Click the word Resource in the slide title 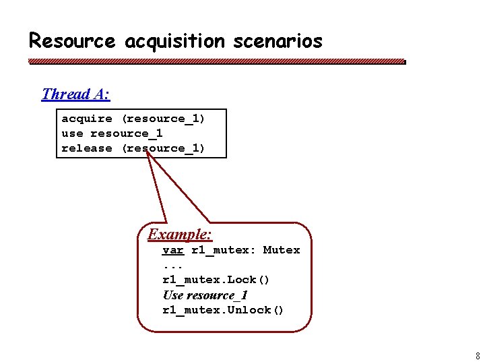click(72, 41)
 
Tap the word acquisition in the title click(174, 41)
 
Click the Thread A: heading click(75, 94)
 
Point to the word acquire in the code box click(87, 119)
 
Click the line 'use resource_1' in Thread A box click(112, 133)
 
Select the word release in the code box click(87, 148)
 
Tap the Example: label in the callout click(180, 235)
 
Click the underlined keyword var click(173, 250)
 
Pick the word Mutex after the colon click(282, 250)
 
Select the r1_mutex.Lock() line click(216, 280)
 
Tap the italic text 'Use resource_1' click(205, 295)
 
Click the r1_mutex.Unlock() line click(224, 310)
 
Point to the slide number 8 click(478, 356)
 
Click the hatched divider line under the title click(216, 61)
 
